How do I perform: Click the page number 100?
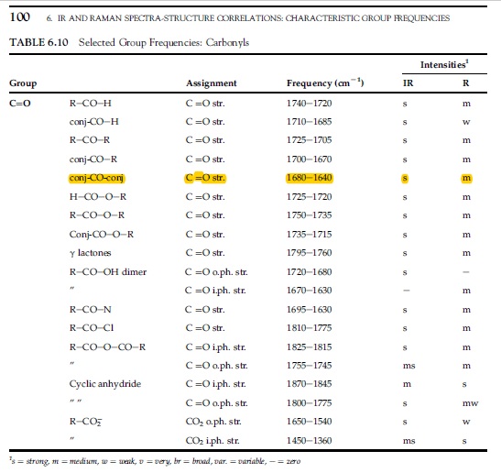coord(20,16)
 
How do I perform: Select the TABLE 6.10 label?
coord(38,42)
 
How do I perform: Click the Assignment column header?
coord(212,83)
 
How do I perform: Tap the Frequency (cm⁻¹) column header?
coord(325,83)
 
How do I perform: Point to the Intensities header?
coord(444,64)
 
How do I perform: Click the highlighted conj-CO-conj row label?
coord(97,178)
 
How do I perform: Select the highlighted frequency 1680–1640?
coord(310,178)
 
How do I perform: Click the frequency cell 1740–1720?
coord(310,104)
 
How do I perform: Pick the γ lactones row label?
coord(90,253)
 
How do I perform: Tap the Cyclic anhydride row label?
coord(105,384)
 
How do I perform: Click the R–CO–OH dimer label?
coord(108,272)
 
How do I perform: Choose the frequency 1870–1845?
coord(310,384)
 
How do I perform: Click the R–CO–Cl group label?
coord(92,328)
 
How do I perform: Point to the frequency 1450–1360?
coord(310,441)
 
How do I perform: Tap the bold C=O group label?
coord(20,104)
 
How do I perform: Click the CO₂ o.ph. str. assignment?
coord(213,422)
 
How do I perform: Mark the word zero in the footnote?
coord(294,461)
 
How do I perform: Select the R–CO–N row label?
coord(91,310)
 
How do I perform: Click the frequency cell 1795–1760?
coord(310,253)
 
